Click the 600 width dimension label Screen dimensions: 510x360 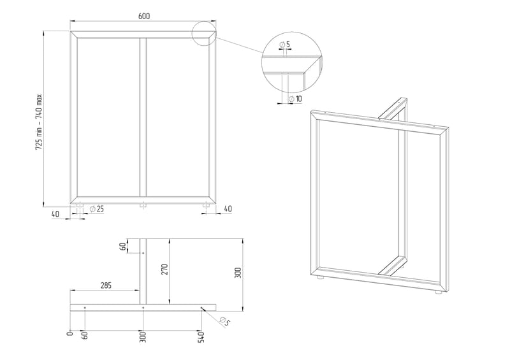144,16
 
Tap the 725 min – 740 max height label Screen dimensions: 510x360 39,122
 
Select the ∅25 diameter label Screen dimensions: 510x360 97,209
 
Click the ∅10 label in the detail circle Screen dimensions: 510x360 295,99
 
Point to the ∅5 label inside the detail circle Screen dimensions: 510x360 284,44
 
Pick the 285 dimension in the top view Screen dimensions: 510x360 106,285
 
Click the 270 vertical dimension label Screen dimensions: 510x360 164,270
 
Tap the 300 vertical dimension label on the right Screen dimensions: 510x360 238,273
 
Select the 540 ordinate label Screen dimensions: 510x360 201,337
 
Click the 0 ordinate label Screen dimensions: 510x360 69,333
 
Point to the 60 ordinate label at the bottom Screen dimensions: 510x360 85,335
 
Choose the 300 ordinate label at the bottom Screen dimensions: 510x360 143,337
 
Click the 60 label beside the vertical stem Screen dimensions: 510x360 123,247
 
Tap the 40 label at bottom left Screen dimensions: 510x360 55,214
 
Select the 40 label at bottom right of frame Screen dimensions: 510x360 228,208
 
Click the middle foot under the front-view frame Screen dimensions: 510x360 143,205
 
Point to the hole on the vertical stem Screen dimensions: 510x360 143,253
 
